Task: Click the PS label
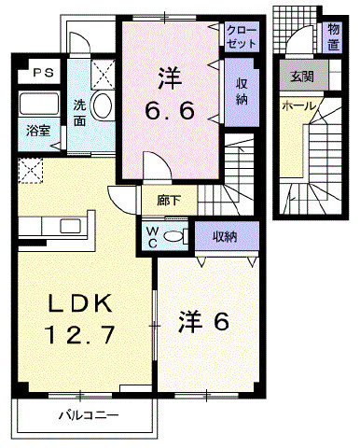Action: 44,73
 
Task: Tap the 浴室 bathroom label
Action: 38,131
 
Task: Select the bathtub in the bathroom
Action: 39,104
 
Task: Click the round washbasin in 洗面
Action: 102,105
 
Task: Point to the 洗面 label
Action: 79,113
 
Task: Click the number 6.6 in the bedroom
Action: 170,110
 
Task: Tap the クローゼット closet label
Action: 242,37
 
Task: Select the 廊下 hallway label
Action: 169,201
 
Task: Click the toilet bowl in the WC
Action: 174,236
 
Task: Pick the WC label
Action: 152,237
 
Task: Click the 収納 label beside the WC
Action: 225,237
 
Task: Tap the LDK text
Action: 79,303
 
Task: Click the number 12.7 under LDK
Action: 80,334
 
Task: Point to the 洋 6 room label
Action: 204,322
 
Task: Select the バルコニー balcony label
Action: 89,415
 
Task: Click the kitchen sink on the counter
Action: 71,226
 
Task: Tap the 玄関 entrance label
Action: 302,77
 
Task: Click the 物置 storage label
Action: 333,37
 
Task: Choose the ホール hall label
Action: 298,106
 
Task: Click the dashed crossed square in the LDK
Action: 30,171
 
